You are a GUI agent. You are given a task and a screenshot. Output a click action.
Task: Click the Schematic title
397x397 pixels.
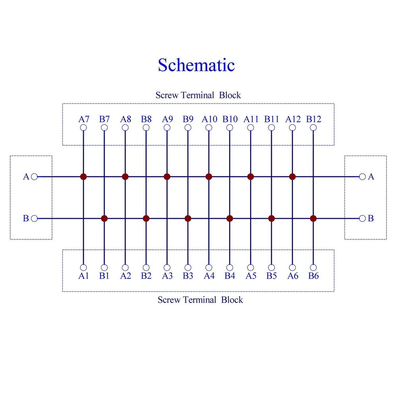196,65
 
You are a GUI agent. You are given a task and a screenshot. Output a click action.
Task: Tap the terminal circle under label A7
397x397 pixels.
83,127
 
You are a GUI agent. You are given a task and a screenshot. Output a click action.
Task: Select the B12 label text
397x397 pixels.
314,119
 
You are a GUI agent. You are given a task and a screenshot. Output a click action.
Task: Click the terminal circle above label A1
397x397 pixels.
83,267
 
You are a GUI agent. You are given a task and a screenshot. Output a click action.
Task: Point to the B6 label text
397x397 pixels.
314,276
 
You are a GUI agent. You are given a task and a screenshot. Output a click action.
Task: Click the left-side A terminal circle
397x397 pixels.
34,177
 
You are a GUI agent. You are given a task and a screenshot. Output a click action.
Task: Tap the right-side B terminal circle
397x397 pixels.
362,218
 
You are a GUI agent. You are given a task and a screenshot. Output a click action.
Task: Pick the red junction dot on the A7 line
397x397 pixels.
83,177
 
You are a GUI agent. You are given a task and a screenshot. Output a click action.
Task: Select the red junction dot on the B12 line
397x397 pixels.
313,218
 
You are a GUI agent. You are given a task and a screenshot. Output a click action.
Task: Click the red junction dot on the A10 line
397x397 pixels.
209,177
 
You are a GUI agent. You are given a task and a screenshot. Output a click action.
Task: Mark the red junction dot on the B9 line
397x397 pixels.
188,218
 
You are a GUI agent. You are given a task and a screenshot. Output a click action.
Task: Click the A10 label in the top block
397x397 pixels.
209,119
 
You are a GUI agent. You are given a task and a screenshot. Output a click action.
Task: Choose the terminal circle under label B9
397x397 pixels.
188,127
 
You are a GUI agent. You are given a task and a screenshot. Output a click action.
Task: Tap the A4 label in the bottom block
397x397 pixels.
209,276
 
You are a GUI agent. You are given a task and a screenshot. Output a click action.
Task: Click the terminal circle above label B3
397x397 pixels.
188,267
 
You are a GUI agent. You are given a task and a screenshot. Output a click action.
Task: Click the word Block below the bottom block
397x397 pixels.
232,300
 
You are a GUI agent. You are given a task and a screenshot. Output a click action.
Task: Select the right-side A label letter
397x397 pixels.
371,177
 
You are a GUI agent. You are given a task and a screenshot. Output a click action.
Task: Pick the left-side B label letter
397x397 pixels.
26,218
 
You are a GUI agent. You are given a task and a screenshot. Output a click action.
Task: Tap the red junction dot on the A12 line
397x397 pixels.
293,177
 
